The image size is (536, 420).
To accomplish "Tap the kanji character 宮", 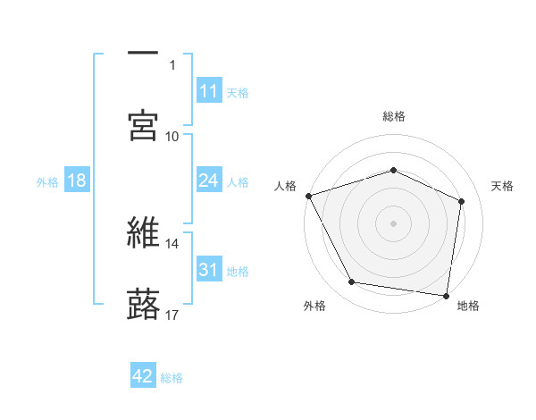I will coord(144,125).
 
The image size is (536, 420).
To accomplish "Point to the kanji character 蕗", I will coord(144,303).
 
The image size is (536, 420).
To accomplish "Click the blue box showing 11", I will coord(209,91).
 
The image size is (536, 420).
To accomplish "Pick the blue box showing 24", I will coord(209,181).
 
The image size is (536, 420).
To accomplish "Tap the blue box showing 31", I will coord(209,270).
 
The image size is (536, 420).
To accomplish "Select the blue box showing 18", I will coord(77,181).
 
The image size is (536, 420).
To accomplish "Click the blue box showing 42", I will coord(143,377).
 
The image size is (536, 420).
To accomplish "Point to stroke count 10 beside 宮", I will coord(172,136).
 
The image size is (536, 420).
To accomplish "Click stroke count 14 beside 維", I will coord(172,243).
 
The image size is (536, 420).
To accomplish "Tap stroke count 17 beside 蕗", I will coord(172,315).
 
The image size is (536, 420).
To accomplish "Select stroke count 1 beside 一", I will coord(172,64).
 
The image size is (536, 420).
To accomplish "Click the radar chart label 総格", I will coord(394,116).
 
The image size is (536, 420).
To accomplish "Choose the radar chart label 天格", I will coord(502,186).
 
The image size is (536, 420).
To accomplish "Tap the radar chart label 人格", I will coord(285,186).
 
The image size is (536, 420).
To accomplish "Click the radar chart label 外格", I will coord(314,306).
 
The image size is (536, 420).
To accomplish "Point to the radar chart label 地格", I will coord(468,306).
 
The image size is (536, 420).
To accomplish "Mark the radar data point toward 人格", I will coord(308,196).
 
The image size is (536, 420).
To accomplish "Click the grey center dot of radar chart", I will coord(394,223).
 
